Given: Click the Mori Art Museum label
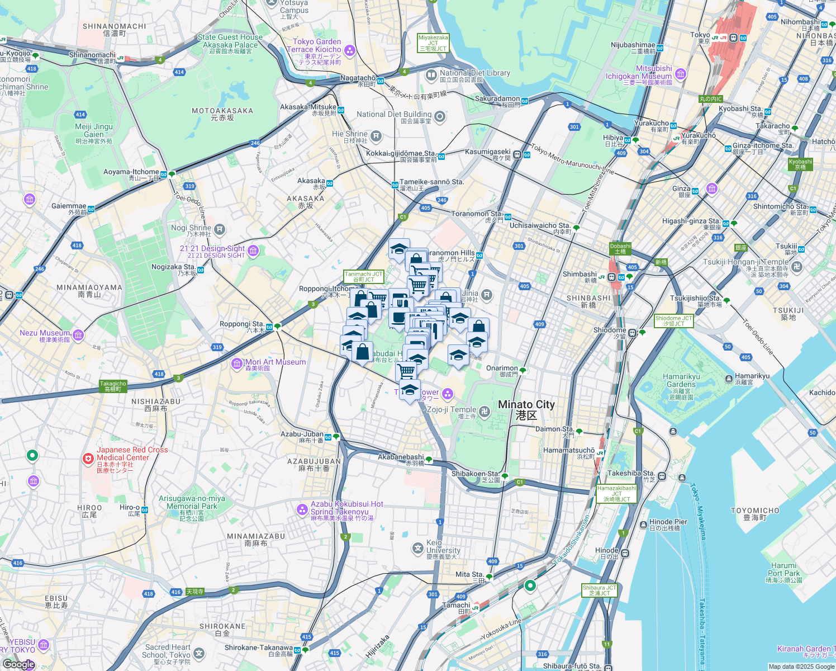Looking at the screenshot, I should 275,365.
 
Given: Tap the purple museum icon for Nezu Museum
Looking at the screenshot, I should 78,335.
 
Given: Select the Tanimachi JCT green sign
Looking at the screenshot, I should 363,277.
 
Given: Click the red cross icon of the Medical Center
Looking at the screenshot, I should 88,459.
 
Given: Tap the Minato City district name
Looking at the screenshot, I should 526,409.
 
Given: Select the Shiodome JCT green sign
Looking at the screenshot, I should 673,321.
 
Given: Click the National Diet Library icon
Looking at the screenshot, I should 431,74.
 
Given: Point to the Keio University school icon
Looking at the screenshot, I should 418,548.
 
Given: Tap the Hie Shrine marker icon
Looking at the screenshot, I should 376,135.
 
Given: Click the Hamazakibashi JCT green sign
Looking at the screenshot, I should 616,493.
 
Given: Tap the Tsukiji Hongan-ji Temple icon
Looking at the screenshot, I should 797,267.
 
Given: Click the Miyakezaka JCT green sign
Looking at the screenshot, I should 433,43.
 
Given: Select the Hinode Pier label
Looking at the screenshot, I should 668,524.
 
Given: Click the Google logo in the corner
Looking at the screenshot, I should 18,664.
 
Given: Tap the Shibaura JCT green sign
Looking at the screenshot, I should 599,590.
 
